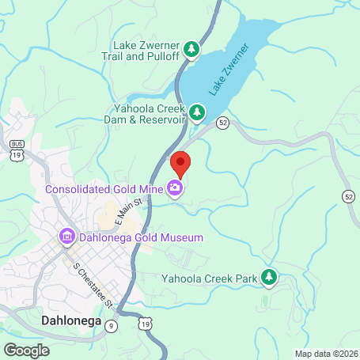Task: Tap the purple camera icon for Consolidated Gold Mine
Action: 173,188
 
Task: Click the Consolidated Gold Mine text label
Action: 104,189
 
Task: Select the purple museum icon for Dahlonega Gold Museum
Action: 66,237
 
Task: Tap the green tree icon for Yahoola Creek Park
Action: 269,277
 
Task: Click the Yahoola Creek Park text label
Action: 210,278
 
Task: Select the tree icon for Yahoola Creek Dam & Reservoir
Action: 195,113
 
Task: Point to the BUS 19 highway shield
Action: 17,146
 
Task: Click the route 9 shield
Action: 112,325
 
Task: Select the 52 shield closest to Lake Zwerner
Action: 223,122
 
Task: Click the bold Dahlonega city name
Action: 67,321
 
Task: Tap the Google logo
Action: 27,349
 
